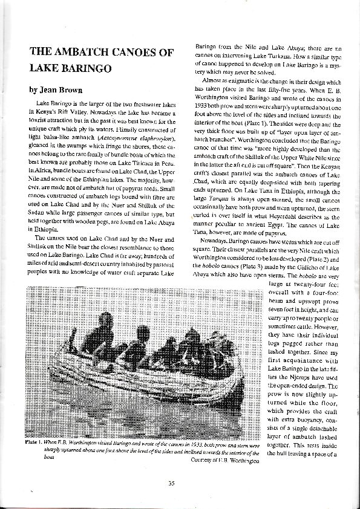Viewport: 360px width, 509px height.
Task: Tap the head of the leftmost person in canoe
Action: (x=105, y=320)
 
